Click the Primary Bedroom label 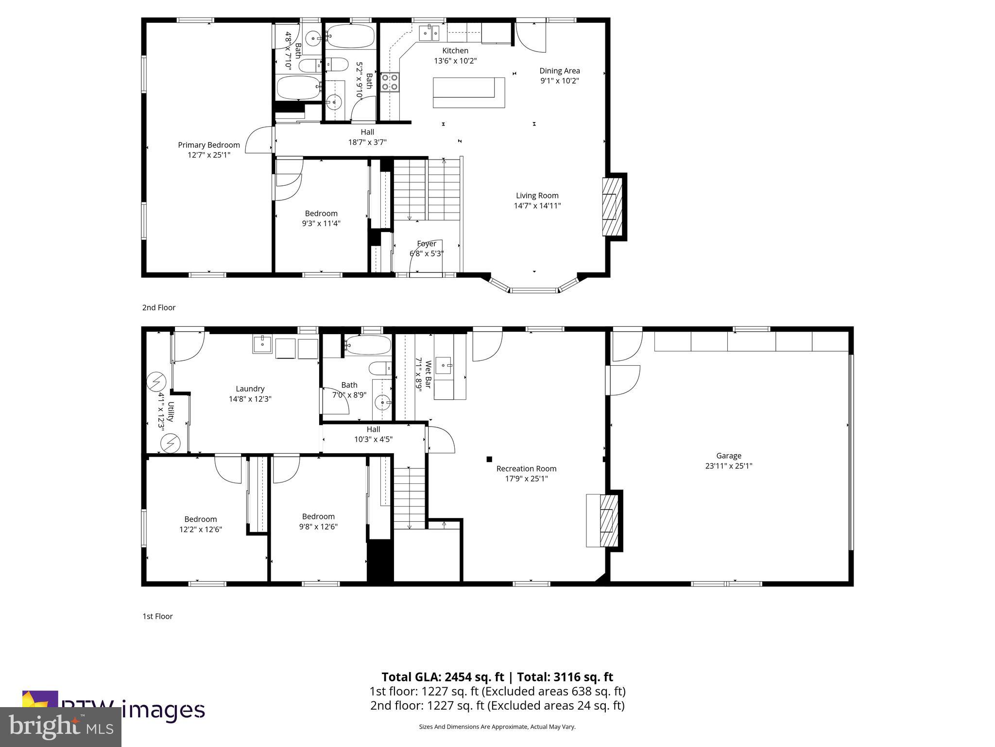(209, 145)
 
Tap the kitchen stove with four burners (390, 82)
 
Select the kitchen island (468, 92)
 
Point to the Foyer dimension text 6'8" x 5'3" (427, 254)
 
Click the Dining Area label (560, 71)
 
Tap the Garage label (728, 456)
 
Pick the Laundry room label (250, 389)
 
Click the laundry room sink (262, 344)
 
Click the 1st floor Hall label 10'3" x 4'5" (373, 439)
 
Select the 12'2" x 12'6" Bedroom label (200, 529)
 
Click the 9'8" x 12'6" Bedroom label (318, 527)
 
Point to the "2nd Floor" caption (159, 307)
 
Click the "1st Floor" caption (157, 616)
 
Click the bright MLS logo (61, 727)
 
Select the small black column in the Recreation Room (489, 459)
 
